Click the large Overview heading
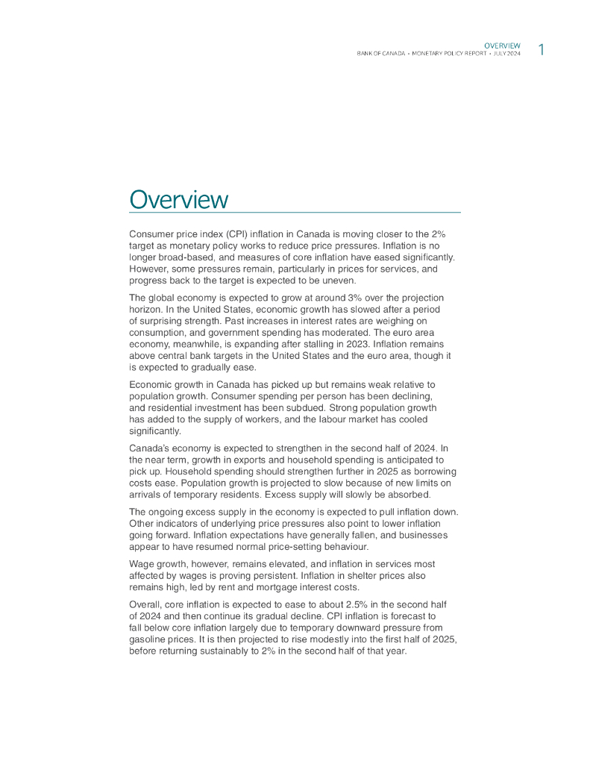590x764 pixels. point(178,199)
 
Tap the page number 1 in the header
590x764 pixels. point(541,50)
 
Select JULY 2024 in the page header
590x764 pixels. point(506,54)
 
